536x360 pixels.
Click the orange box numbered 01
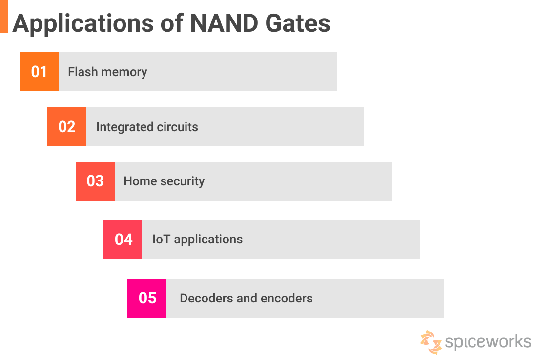[39, 72]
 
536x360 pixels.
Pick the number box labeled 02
[67, 127]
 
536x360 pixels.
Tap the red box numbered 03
[95, 181]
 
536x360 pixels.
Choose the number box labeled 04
[123, 240]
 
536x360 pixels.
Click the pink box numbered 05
[146, 298]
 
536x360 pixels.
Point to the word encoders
[288, 298]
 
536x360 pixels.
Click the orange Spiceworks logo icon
[431, 341]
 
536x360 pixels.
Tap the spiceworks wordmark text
[488, 341]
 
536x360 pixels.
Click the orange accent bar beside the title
[4, 17]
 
